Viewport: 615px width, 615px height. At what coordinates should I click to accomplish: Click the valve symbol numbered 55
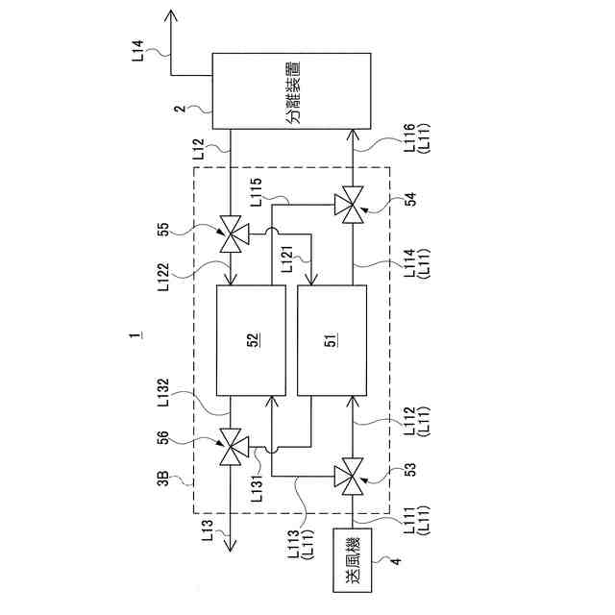(231, 234)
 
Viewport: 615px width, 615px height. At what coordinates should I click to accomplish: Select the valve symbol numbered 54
(350, 204)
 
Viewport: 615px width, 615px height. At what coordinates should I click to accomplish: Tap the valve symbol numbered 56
(231, 447)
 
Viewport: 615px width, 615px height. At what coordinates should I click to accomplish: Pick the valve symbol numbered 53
(350, 473)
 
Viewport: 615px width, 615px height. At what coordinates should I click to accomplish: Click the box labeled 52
(252, 339)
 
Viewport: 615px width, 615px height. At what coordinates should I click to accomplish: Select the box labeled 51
(332, 339)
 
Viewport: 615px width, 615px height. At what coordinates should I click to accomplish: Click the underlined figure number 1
(140, 337)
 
